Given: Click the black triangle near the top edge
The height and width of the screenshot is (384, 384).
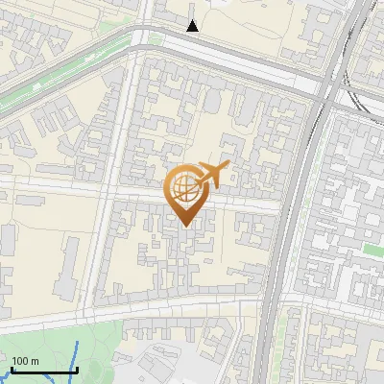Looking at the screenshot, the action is [193, 26].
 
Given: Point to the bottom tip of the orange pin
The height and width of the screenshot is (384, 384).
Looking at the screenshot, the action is [185, 227].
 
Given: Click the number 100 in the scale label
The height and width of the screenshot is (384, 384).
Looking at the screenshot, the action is [19, 361].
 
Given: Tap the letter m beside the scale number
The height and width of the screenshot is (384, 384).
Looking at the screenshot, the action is [34, 361].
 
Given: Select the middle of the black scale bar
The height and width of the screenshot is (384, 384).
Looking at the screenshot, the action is [44, 371].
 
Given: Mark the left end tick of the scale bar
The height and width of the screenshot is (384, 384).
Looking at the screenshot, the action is [12, 370].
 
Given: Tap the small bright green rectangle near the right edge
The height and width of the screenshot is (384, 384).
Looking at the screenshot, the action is [370, 252].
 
